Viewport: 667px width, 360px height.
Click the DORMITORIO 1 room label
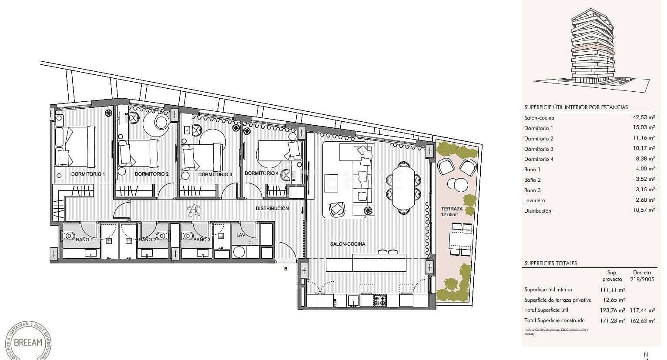coord(88,174)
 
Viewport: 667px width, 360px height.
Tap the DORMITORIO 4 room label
coord(261,173)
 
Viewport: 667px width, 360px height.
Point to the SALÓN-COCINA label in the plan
coord(348,244)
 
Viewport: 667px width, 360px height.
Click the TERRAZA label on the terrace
coord(452,209)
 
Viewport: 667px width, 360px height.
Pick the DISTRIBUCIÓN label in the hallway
coord(272,208)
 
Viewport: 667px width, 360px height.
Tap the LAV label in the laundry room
coord(241,235)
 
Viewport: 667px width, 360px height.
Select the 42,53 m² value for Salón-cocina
coord(643,117)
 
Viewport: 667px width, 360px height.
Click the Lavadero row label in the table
coord(535,200)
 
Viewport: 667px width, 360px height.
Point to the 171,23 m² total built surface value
coord(612,320)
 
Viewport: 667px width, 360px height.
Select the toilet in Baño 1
coord(68,236)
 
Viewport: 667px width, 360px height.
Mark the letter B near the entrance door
coord(286,269)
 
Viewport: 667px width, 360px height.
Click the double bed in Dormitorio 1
coord(76,147)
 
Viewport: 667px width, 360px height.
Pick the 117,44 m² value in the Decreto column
coord(643,310)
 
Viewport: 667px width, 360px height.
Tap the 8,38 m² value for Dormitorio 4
coord(645,159)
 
